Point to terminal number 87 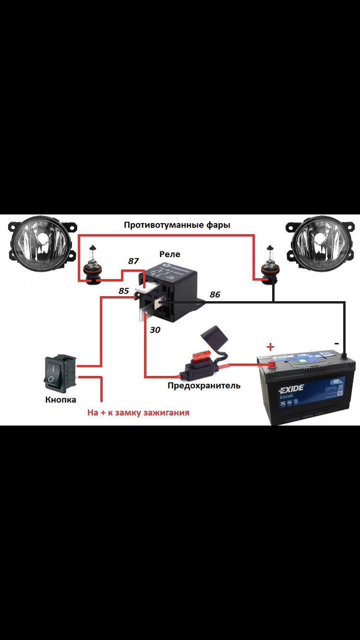coord(133,261)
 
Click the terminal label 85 coord(124,291)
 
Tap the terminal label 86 coord(215,295)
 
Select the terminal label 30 coord(155,330)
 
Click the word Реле coord(170,254)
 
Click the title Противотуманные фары coord(177,225)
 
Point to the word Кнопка coord(60,399)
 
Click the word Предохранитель coord(204,385)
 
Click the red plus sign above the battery coord(271,346)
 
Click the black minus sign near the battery coord(336,344)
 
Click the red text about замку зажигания coord(138,412)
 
